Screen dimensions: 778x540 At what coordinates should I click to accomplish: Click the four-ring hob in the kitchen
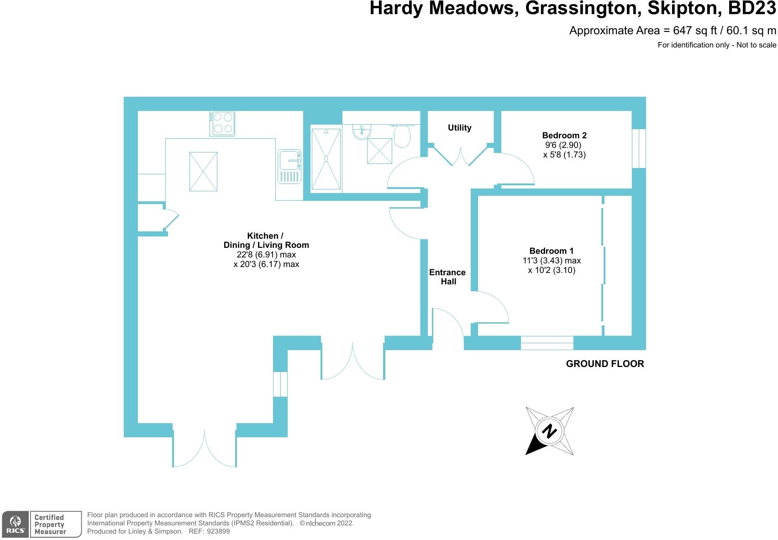tap(222, 123)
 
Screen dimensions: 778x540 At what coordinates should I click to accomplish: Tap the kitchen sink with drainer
tap(289, 166)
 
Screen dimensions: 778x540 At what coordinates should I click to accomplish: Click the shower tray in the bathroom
tap(326, 159)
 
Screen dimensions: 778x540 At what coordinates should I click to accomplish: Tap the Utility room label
tap(459, 128)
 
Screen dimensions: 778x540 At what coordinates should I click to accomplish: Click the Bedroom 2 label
tap(564, 135)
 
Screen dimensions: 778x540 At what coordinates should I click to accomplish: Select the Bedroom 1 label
tap(552, 251)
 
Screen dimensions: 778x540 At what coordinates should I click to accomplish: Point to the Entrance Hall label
tap(447, 277)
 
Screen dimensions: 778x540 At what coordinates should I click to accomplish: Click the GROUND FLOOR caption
tap(605, 364)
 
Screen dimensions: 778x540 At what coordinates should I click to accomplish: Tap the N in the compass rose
tap(550, 431)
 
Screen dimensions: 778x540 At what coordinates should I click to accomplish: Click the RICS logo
tap(15, 524)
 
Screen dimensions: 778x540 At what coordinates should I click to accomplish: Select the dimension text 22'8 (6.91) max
tap(266, 255)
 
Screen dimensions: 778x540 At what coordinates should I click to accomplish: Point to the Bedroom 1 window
tap(547, 343)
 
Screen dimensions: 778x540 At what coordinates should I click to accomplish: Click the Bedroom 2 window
tap(639, 148)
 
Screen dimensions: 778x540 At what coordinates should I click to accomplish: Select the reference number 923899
tap(218, 531)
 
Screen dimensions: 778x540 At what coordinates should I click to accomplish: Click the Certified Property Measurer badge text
tap(50, 524)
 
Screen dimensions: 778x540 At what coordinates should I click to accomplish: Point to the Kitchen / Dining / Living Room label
tap(266, 240)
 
